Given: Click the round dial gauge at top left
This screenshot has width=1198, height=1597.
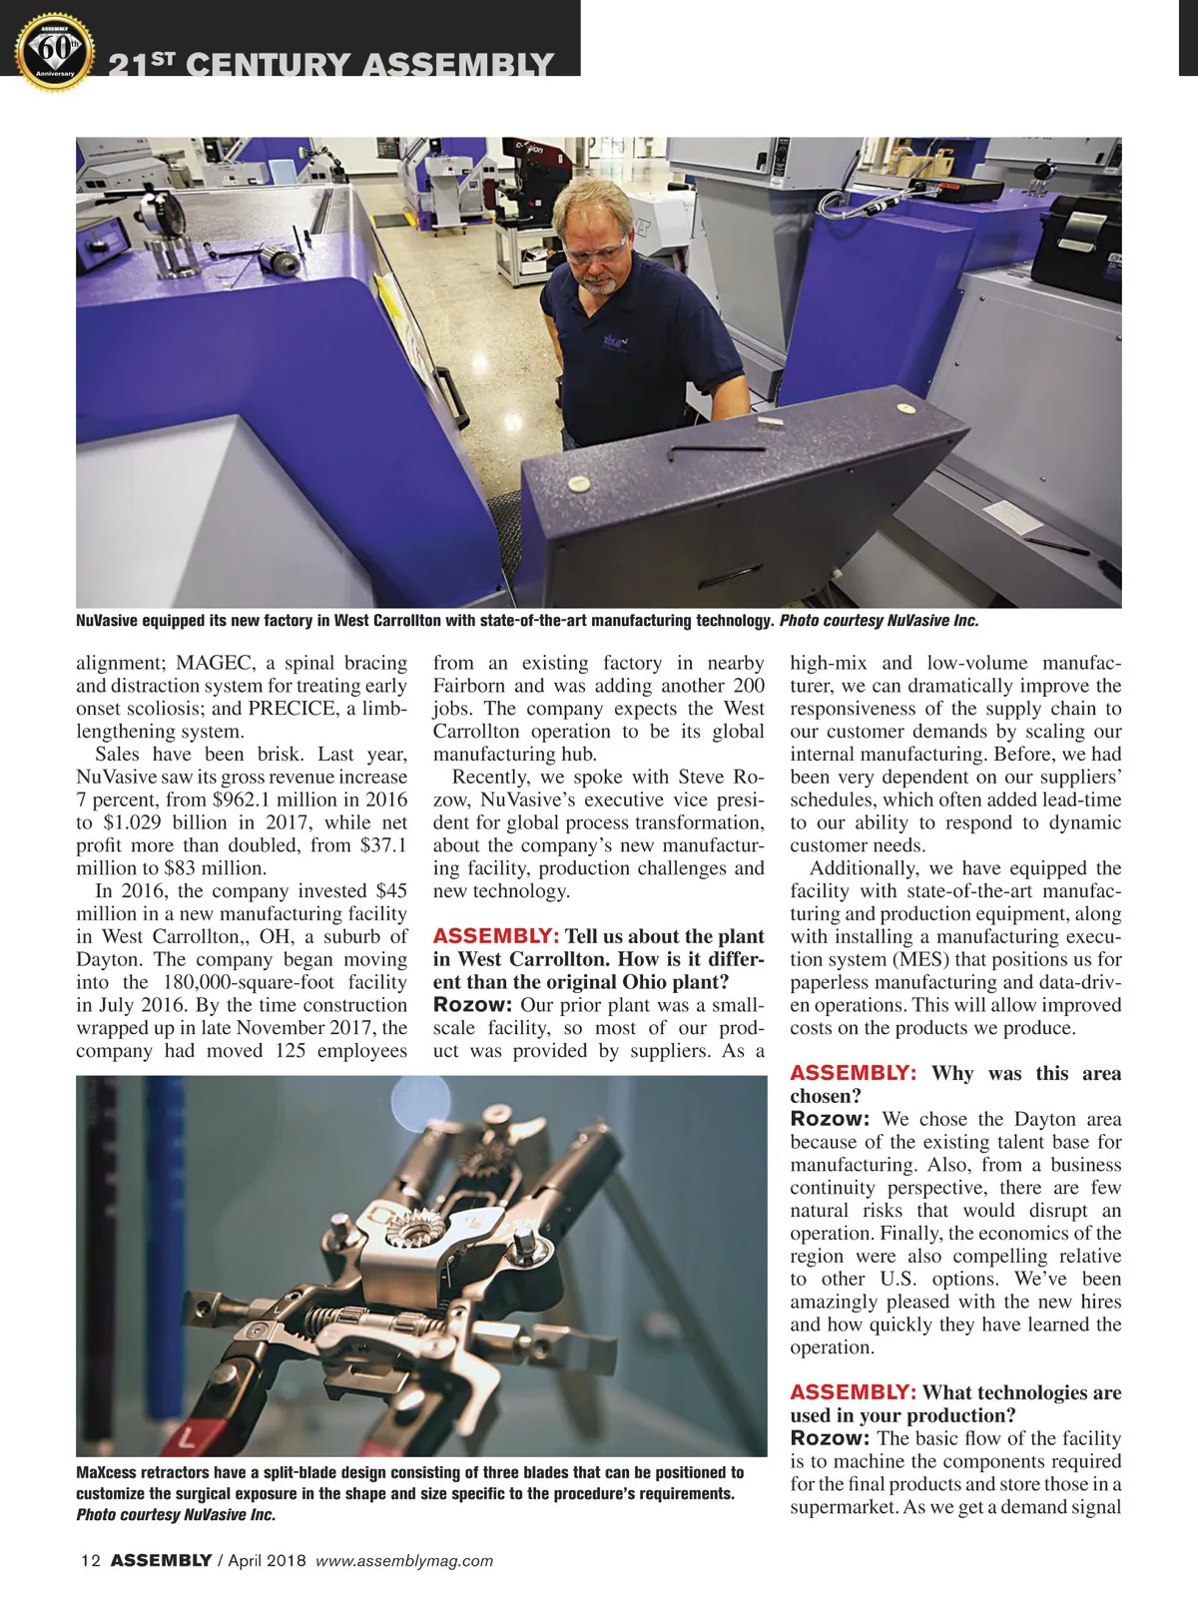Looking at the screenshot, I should pyautogui.click(x=161, y=215).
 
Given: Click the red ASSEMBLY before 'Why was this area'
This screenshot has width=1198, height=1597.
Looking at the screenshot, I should pyautogui.click(x=853, y=1073).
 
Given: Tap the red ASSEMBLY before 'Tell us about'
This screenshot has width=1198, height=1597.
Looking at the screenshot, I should pyautogui.click(x=495, y=936).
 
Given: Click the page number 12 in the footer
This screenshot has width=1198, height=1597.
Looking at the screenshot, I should pyautogui.click(x=91, y=1561).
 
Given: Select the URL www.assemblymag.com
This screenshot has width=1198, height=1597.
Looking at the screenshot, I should pyautogui.click(x=403, y=1561).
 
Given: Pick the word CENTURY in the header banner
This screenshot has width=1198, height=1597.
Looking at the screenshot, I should pyautogui.click(x=269, y=66).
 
